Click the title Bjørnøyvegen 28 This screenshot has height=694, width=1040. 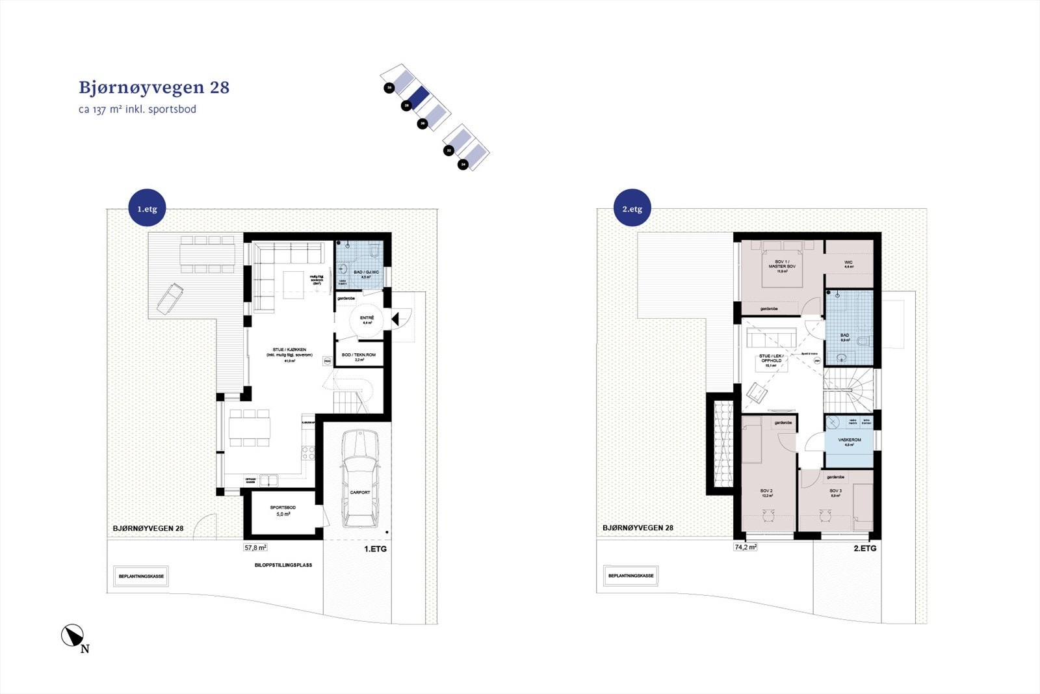pos(154,88)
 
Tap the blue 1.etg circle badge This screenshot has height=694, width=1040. pos(147,209)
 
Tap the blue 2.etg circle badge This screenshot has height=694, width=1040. pos(632,209)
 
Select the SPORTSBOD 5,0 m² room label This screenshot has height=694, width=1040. pos(283,511)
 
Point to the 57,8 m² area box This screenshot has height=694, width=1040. pos(255,548)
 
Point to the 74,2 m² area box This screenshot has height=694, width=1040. pos(746,547)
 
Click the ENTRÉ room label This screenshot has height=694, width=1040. pos(367,319)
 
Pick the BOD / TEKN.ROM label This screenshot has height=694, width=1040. pos(359,356)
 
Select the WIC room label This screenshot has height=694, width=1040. pos(848,264)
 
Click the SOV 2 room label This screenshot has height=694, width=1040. pos(766,492)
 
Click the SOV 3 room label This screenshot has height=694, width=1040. pos(835,492)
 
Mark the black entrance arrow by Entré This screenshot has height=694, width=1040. pos(395,318)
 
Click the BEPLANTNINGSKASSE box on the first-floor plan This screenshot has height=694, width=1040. pos(141,576)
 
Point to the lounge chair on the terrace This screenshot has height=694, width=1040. pos(169,297)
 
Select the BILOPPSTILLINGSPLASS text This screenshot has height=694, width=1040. pos(283,565)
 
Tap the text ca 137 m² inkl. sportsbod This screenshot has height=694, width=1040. pos(137,109)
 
